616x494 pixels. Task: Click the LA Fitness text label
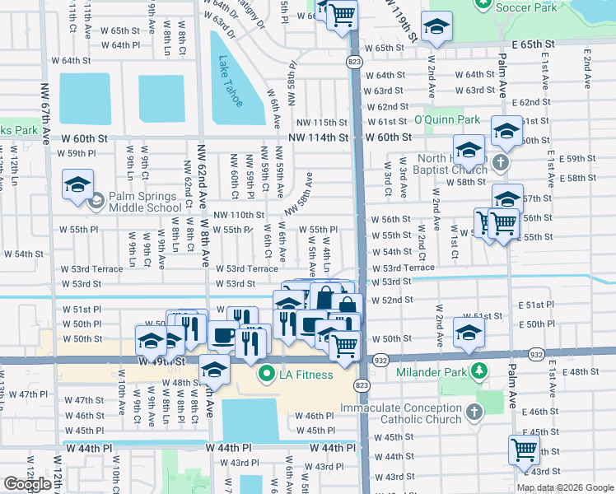click(x=305, y=375)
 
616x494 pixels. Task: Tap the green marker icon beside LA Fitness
click(x=266, y=375)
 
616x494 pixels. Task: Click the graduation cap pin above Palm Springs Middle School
click(x=77, y=184)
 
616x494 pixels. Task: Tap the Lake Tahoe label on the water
click(x=231, y=81)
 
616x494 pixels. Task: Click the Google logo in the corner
click(x=27, y=484)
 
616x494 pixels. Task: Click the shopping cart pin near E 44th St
click(x=524, y=450)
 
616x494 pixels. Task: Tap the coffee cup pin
click(x=223, y=335)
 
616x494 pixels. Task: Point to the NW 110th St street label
click(x=238, y=215)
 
